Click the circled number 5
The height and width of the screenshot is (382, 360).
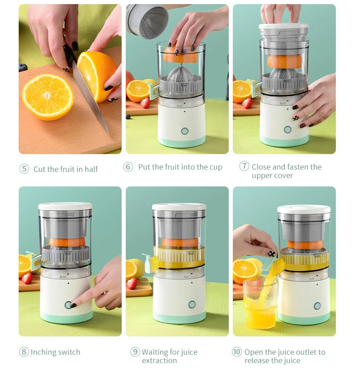[24, 169]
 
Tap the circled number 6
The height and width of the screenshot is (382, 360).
[129, 167]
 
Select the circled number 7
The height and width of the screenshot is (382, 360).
[244, 167]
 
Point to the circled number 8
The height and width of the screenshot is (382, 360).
[24, 352]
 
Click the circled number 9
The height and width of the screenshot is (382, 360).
[135, 352]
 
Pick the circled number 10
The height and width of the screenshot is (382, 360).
[237, 352]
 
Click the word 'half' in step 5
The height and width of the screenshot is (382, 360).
[91, 169]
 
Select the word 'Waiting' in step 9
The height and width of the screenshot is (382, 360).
[155, 352]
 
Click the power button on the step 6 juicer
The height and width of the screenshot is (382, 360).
[185, 131]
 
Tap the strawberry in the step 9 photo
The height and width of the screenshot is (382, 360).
[132, 284]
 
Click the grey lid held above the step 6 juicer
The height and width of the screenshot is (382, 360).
[147, 21]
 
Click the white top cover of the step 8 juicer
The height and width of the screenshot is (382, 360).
[65, 206]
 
